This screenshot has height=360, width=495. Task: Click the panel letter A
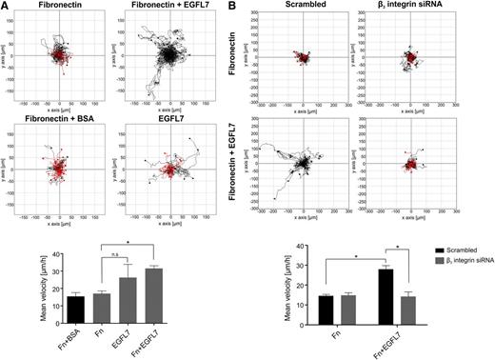pyautogui.click(x=6, y=6)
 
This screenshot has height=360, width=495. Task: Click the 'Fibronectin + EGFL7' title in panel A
pyautogui.click(x=173, y=7)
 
